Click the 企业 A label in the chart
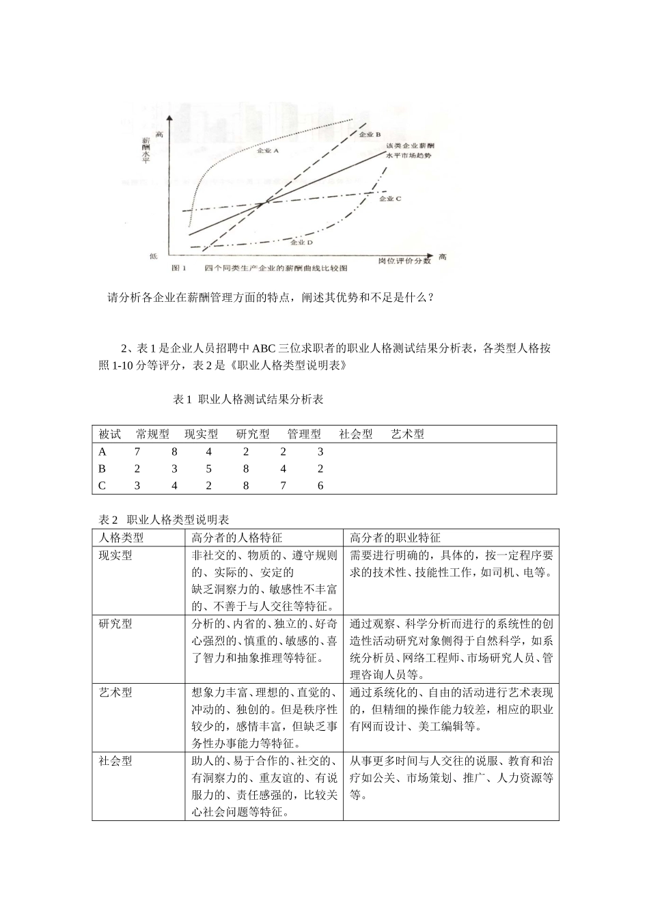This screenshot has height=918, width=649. coord(268,152)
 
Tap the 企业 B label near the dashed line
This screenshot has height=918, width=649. coord(369,135)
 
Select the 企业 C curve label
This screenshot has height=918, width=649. coord(390,198)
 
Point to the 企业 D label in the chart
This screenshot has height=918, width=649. coord(301,242)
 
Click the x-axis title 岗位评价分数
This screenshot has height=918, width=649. coord(404,260)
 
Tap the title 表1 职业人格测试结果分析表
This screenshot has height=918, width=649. coord(248,400)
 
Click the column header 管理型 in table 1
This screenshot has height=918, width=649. coord(304,434)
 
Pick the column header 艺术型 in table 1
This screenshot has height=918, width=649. coord(407,434)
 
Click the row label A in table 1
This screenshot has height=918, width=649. coord(102,451)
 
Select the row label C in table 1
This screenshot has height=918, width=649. coord(102,486)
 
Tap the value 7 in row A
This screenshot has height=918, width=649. coord(137,451)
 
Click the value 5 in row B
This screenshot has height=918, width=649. coord(208,469)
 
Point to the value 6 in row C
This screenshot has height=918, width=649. coord(320,486)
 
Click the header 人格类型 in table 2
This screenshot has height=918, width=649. coord(122,538)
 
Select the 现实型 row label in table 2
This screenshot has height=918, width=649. coord(116,555)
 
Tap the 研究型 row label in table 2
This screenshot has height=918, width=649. coord(116,624)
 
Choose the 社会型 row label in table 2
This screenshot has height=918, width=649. coord(116,761)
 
